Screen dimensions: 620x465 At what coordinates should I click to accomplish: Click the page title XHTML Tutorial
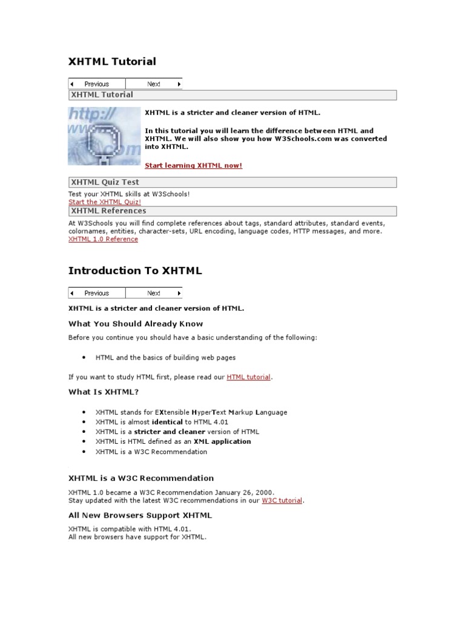pyautogui.click(x=112, y=61)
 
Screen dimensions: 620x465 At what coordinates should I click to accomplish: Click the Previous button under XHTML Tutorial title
pyautogui.click(x=96, y=84)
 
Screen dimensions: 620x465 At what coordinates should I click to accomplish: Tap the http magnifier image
pyautogui.click(x=104, y=136)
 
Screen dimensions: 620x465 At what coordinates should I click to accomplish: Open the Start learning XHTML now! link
pyautogui.click(x=193, y=165)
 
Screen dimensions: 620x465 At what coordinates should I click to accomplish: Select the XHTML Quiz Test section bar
pyautogui.click(x=232, y=182)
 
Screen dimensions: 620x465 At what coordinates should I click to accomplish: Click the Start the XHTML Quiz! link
pyautogui.click(x=105, y=202)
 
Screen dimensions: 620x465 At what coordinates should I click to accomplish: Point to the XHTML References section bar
pyautogui.click(x=232, y=211)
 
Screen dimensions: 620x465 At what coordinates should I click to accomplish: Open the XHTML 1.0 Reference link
pyautogui.click(x=103, y=239)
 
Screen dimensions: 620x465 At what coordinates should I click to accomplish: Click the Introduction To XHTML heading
pyautogui.click(x=135, y=271)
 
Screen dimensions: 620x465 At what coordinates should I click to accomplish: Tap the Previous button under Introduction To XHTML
pyautogui.click(x=96, y=293)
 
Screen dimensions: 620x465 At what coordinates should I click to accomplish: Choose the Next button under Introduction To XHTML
pyautogui.click(x=154, y=293)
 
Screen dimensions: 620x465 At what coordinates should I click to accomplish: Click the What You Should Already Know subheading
pyautogui.click(x=136, y=324)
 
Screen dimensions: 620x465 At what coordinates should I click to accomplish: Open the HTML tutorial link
pyautogui.click(x=248, y=377)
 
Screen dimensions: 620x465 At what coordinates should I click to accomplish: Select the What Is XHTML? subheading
pyautogui.click(x=104, y=392)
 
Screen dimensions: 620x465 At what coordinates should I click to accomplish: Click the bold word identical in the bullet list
pyautogui.click(x=168, y=422)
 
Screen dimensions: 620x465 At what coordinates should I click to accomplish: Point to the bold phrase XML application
pyautogui.click(x=223, y=441)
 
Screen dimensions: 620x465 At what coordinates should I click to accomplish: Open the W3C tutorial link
pyautogui.click(x=282, y=501)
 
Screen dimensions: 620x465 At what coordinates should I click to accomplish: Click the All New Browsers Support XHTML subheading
pyautogui.click(x=140, y=516)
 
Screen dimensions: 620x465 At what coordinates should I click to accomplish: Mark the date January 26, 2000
pyautogui.click(x=246, y=492)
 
